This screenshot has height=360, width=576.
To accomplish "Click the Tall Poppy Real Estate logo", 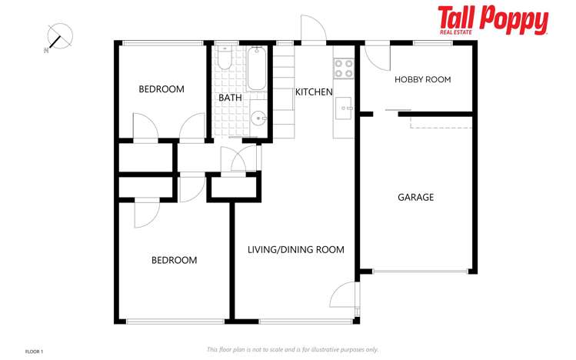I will tap(493, 21).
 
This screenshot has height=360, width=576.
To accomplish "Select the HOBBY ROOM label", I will tap(422, 80).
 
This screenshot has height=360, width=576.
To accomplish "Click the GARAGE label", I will tap(415, 197).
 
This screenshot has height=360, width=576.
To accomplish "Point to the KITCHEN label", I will tap(314, 92).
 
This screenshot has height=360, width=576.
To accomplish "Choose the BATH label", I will tap(230, 98).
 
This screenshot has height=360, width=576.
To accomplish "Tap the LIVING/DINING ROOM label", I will tap(295, 249).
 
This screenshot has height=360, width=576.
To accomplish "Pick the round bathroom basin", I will tap(258, 118).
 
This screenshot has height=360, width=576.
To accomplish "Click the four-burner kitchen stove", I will tap(343, 68).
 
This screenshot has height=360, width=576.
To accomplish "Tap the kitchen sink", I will tap(343, 106).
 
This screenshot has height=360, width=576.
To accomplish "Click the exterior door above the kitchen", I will tap(312, 31).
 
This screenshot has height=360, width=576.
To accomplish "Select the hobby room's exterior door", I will tap(375, 56).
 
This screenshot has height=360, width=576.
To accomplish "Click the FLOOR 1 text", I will tap(35, 351).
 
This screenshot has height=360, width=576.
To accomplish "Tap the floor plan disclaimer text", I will tap(292, 349).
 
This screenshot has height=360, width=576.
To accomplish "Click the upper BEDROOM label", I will tap(161, 89).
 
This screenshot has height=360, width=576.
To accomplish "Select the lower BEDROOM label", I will tap(174, 260).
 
